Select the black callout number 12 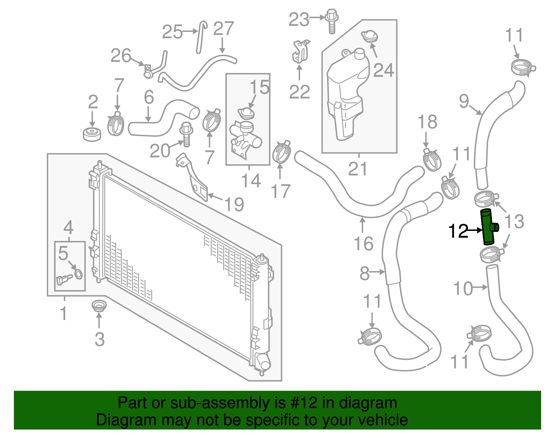click(458, 231)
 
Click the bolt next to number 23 click(332, 21)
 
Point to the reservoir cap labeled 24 click(369, 36)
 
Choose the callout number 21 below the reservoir click(358, 169)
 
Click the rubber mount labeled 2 click(92, 134)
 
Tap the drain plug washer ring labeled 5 click(79, 274)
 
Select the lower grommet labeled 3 click(99, 306)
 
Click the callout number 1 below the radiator click(63, 313)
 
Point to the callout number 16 click(364, 243)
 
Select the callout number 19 click(234, 205)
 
